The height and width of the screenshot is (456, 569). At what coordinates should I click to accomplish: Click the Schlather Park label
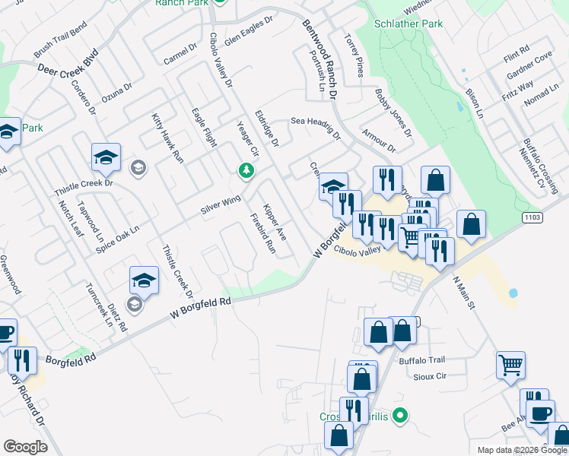coord(408,24)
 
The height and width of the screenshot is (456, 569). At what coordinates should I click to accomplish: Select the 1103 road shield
coord(532,218)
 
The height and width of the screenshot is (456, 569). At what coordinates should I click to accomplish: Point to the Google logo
coord(25,447)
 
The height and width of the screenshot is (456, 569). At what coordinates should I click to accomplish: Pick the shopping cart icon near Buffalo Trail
coord(510,364)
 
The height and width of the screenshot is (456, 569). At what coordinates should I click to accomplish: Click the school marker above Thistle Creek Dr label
coord(106,157)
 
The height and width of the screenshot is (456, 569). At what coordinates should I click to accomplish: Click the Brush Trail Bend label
coord(61,46)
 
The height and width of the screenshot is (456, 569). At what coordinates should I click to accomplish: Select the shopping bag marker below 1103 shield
coord(472,225)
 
